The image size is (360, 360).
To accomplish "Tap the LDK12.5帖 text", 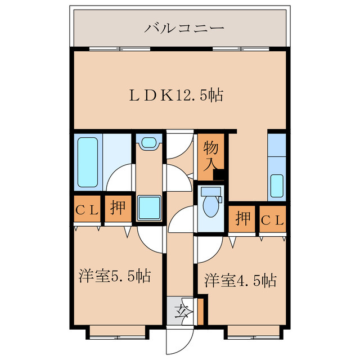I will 177,96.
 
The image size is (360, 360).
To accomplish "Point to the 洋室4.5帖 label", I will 240,280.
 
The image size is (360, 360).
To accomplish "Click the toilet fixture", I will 211,204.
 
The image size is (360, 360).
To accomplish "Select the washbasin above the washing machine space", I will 149,143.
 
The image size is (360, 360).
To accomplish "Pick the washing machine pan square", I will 149,208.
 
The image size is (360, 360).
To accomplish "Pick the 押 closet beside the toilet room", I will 243,219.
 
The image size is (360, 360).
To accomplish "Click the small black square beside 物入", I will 219,175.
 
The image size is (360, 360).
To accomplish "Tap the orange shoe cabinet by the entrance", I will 200,310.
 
